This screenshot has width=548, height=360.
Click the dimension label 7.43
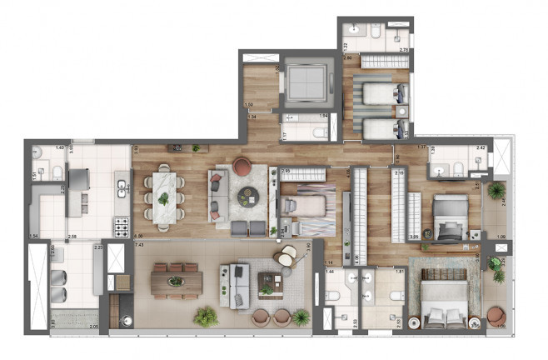coord(139,246)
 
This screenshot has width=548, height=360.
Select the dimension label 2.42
coord(480,148)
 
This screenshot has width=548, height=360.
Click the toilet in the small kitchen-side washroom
coord(55,173)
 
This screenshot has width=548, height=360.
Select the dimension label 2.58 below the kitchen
coord(72,237)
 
